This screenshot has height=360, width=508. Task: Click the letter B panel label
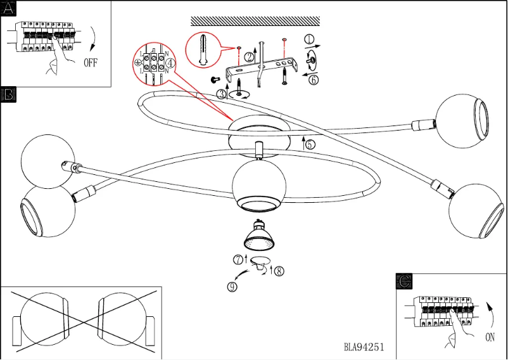[8, 95]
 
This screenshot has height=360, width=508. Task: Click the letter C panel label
[404, 280]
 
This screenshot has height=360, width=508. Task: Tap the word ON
[490, 338]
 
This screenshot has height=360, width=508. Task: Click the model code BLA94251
[364, 347]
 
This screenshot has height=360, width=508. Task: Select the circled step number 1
[309, 39]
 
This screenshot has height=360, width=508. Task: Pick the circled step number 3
[221, 94]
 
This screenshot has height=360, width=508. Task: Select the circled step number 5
[310, 144]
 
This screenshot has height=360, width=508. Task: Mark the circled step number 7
[238, 259]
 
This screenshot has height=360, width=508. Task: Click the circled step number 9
[232, 286]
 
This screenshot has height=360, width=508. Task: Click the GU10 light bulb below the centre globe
[259, 236]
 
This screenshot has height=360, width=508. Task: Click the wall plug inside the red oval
[203, 48]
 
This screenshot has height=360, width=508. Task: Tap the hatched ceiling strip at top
[255, 21]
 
